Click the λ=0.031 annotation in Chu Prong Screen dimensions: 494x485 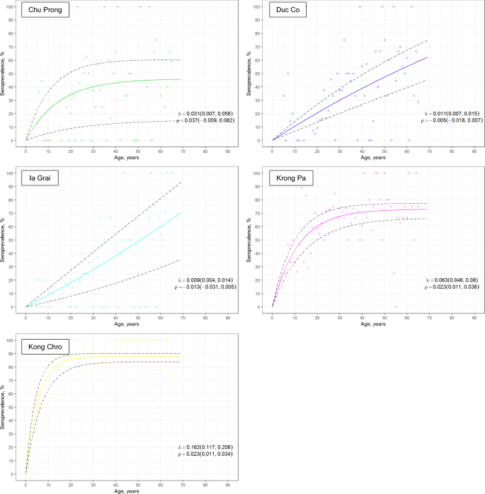(210, 113)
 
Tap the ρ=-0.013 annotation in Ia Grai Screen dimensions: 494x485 (210, 288)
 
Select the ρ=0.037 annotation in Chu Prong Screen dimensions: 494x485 (210, 121)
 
